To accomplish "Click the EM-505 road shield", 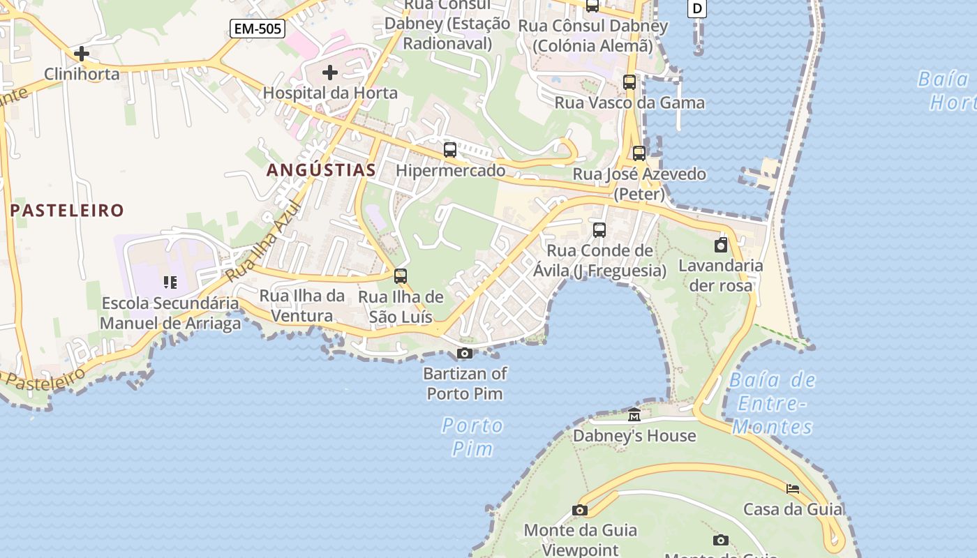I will point(258,29).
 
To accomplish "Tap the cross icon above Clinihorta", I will point(82,53).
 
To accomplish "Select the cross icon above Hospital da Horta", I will point(330,72).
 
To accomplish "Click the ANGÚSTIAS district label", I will point(321,169).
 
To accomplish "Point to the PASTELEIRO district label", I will point(67,210).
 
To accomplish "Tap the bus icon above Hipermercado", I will point(450,150).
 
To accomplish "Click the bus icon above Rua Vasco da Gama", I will point(629,82).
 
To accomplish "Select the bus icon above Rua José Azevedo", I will point(639,153).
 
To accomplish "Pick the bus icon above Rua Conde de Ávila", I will point(599,230).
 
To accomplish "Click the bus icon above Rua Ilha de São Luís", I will point(401,276).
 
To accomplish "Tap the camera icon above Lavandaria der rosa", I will point(721,245).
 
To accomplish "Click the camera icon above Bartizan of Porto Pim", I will point(465,354).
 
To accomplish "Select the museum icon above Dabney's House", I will point(634,415).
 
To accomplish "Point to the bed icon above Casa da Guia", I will point(793,489).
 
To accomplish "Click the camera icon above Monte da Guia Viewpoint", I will point(580,510).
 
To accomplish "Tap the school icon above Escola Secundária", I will point(170,282).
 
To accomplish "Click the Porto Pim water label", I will point(472,437).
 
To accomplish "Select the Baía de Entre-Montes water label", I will point(773,403).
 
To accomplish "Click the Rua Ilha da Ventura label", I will point(302,306).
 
